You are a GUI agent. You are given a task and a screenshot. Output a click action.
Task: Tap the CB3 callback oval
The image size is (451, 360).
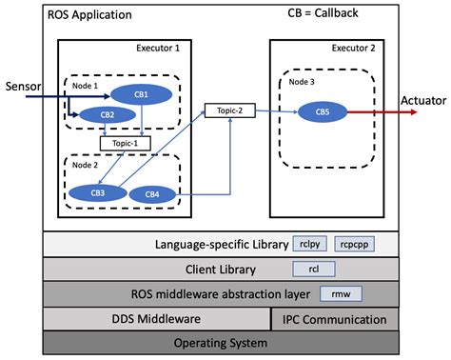tap(99, 193)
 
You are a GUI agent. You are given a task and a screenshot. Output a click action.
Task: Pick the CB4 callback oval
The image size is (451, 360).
tap(152, 194)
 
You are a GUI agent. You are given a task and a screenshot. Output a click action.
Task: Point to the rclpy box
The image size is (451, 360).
tap(308, 245)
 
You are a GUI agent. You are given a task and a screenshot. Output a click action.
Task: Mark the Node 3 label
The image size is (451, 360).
tap(303, 81)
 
